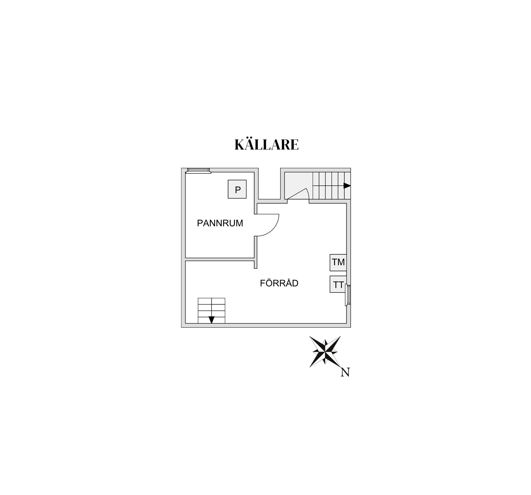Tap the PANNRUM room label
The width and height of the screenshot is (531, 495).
coord(220,223)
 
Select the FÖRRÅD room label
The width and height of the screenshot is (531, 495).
coord(279,283)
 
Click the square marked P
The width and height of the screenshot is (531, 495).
coord(237,189)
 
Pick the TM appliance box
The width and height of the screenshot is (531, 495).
coord(338,263)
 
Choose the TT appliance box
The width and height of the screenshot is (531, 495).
coord(338,284)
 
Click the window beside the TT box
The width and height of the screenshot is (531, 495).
coord(348,296)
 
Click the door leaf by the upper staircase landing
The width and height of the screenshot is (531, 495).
coord(296,194)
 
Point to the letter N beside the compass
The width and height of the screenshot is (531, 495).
coord(345,372)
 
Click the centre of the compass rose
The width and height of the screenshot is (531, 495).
coord(325,352)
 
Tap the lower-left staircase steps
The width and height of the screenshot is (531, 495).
coord(212,311)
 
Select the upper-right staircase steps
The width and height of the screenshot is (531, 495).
coord(332,186)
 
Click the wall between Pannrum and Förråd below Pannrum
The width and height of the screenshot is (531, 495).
coord(220,259)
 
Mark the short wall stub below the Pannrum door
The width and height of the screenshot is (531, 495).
coord(256,252)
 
